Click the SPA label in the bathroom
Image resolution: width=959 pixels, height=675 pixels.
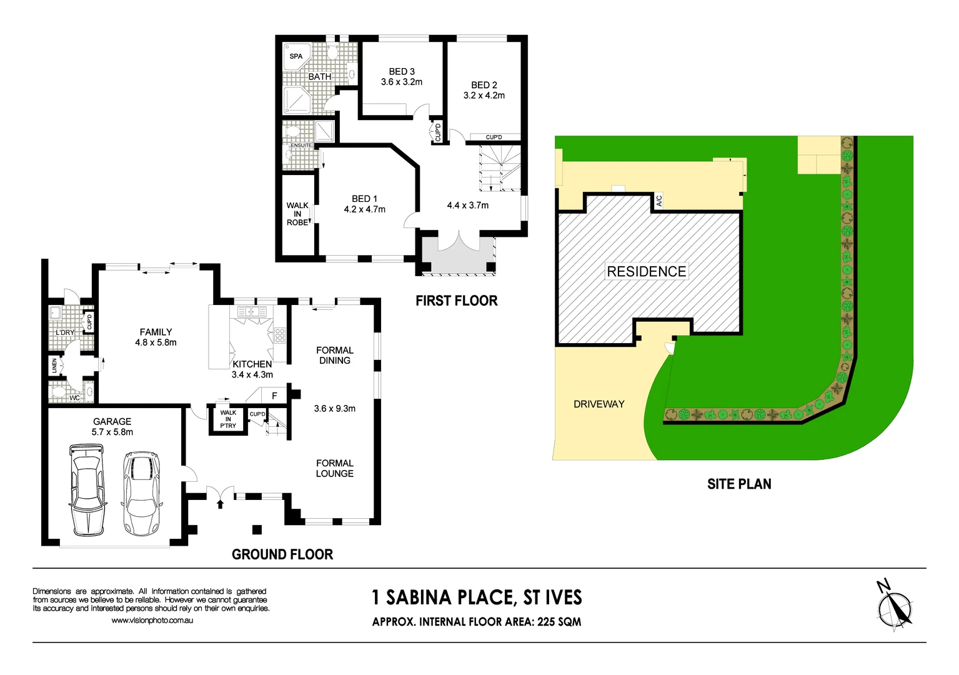click(x=296, y=56)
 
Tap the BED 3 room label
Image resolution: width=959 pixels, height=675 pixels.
click(x=402, y=72)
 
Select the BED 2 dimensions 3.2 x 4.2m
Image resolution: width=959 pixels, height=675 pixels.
click(x=484, y=96)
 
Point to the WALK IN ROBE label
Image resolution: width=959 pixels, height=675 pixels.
click(x=297, y=214)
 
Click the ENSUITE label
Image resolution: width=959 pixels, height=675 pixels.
click(x=301, y=146)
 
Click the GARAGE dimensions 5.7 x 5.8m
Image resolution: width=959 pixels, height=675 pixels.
click(x=112, y=432)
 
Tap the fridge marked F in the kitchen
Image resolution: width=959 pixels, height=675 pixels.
click(x=274, y=396)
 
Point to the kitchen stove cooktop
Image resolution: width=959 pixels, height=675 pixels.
click(x=280, y=336)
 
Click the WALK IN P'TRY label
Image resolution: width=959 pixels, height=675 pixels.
click(x=228, y=419)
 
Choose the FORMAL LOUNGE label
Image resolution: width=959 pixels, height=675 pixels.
click(x=335, y=468)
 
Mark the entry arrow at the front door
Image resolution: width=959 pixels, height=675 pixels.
click(x=220, y=502)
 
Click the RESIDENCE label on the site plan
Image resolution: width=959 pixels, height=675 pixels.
click(x=647, y=271)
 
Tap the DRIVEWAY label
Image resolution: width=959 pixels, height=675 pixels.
click(x=599, y=404)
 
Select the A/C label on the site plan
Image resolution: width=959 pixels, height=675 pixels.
click(x=659, y=201)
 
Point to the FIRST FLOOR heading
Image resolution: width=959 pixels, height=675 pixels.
click(x=457, y=301)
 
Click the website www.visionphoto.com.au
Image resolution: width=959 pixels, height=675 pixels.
click(x=152, y=621)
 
